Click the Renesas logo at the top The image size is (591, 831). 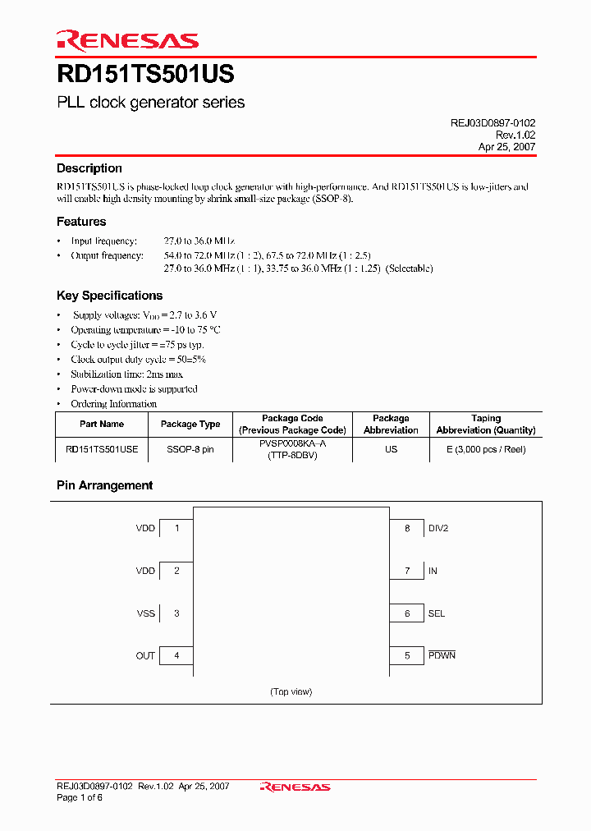[x=127, y=40]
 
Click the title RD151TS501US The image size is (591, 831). [x=145, y=75]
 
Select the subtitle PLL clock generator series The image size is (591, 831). [x=150, y=103]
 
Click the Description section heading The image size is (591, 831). [x=89, y=168]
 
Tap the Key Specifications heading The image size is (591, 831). [x=109, y=296]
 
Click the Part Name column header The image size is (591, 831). [x=102, y=424]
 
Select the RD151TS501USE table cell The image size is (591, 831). [x=102, y=449]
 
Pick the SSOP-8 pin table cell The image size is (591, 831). [x=190, y=449]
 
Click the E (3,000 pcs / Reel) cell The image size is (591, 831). [x=486, y=449]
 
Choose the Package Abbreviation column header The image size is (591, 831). [x=391, y=424]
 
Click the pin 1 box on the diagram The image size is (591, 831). [x=176, y=528]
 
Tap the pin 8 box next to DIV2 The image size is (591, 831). [x=406, y=528]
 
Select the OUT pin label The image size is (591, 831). [x=145, y=656]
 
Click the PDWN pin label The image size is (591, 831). [x=441, y=655]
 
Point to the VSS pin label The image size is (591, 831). [x=145, y=613]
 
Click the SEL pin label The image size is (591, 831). [x=436, y=613]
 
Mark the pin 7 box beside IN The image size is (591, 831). [x=406, y=571]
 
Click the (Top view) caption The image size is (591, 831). [x=291, y=691]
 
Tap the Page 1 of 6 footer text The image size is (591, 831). [x=80, y=798]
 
